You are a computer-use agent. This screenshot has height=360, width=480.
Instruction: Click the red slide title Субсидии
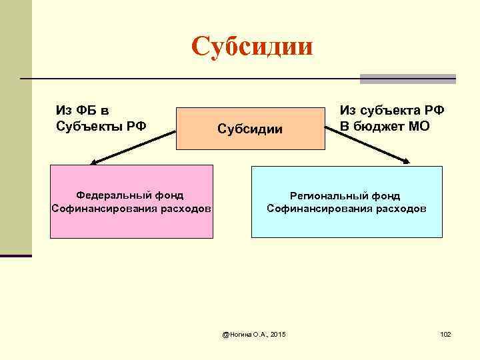(251, 47)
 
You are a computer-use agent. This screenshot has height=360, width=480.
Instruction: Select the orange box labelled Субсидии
(249, 128)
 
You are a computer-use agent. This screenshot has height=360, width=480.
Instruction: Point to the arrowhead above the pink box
(95, 161)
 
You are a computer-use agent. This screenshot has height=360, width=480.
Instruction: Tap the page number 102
(445, 333)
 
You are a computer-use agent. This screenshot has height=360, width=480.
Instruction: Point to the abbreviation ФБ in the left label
(88, 110)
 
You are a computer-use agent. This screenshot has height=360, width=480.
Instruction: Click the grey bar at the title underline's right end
(407, 79)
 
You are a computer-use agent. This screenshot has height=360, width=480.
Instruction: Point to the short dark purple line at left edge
(16, 255)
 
